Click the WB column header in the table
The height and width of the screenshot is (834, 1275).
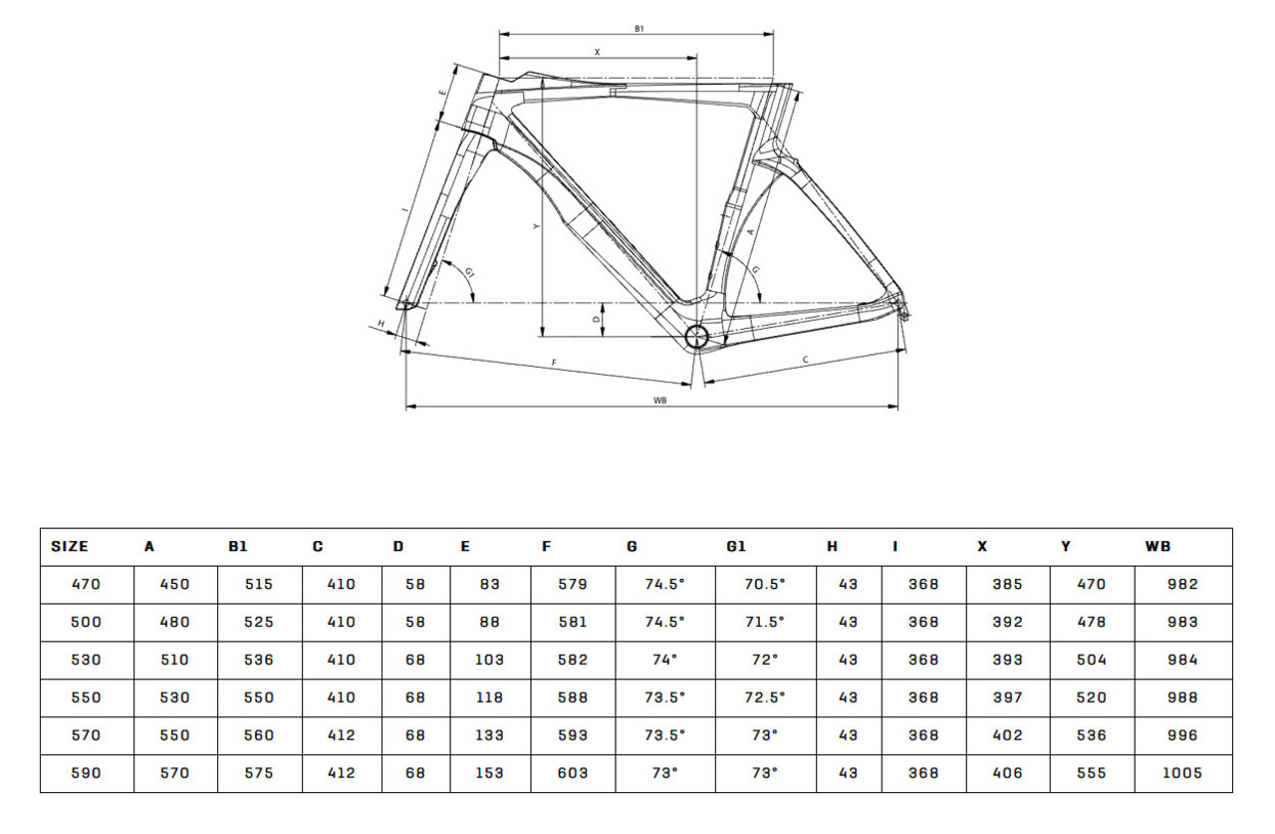pos(1157,546)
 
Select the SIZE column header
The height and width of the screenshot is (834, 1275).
pos(70,546)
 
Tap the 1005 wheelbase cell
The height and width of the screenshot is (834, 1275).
pos(1182,773)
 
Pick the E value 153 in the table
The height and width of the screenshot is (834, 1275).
pos(489,773)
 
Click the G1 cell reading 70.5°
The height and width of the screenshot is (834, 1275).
pos(765,584)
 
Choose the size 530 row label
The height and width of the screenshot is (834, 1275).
pos(86,660)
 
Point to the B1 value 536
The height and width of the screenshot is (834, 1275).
pos(259,660)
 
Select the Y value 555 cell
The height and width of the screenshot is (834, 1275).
pos(1091,773)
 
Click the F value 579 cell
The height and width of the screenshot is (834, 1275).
pos(572,584)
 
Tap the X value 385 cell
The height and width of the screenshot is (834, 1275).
pos(1007,584)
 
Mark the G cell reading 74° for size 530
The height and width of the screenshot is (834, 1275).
pos(664,660)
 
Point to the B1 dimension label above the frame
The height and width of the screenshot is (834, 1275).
pos(639,29)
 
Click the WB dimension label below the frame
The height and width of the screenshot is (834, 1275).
pos(659,401)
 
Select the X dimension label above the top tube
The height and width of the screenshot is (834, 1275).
pos(597,52)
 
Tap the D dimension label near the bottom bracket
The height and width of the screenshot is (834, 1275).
pos(597,320)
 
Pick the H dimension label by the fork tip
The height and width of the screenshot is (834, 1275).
pos(382,324)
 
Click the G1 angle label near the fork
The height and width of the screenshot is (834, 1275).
pos(469,273)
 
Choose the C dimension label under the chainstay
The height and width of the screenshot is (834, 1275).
pos(806,360)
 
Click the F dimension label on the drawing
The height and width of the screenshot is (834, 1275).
pos(554,363)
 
